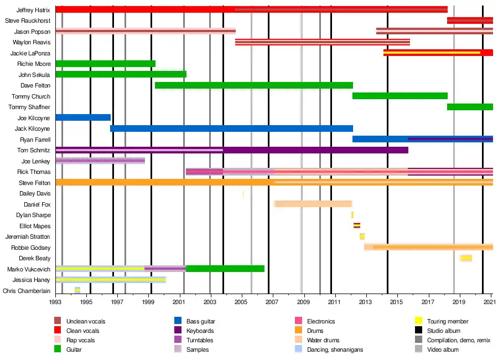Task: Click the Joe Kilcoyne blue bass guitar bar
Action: pos(83,117)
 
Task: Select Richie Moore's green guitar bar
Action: pos(106,64)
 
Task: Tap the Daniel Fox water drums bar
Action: pos(313,204)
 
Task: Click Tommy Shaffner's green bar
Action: pos(470,107)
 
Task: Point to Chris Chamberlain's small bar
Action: pos(77,290)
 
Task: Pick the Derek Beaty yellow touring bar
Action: pos(466,258)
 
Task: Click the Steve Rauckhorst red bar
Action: pos(470,20)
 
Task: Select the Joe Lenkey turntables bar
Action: pos(100,161)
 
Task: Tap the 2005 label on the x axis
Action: pos(241,301)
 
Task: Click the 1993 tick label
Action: pos(55,301)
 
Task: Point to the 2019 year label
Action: pos(459,301)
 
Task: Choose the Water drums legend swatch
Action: pos(299,340)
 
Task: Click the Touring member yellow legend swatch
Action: pos(419,321)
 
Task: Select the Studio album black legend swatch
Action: pos(419,331)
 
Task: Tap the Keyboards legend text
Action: pos(200,331)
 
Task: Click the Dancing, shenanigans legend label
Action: pos(335,349)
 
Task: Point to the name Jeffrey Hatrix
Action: pos(33,10)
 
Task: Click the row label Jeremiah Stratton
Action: pos(28,236)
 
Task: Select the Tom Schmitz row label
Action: pos(34,150)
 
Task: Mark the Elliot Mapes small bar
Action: pos(357,225)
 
